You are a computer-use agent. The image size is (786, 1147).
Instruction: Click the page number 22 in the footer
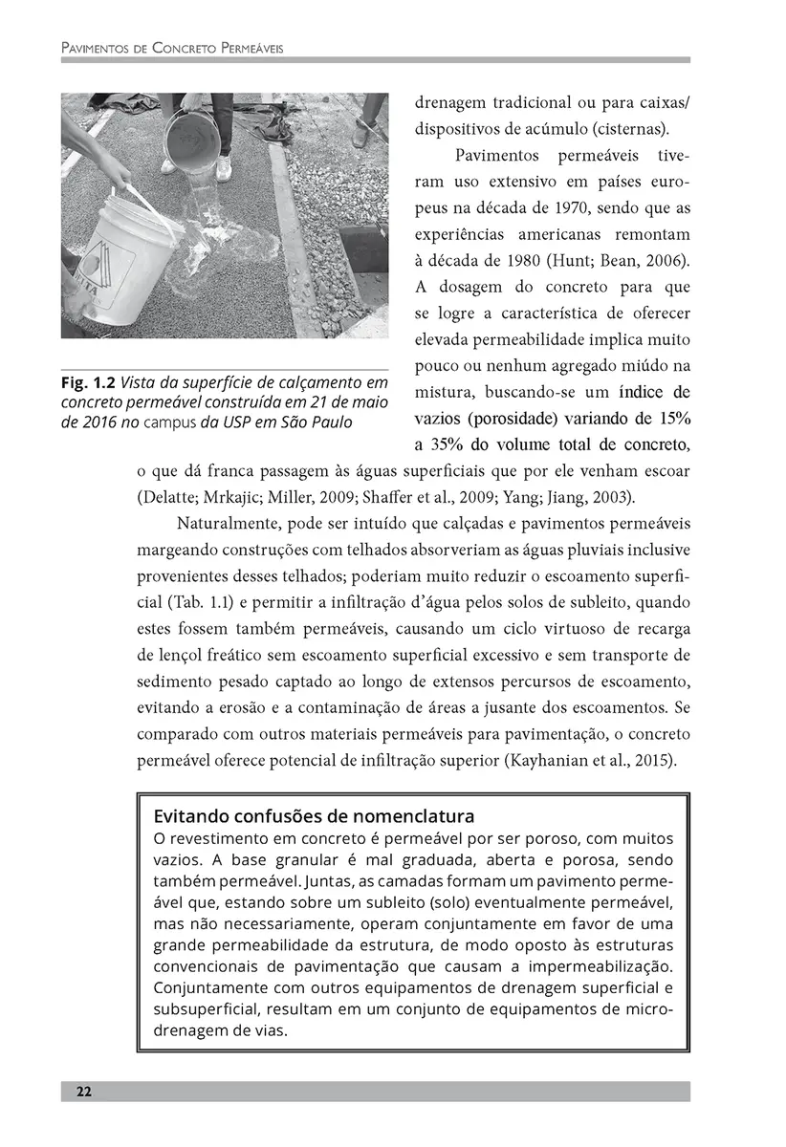(84, 1092)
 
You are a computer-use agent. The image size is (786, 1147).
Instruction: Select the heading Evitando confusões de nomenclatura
(314, 817)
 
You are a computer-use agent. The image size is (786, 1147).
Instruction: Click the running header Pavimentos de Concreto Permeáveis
(173, 46)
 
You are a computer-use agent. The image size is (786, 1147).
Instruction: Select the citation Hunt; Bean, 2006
(622, 261)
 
